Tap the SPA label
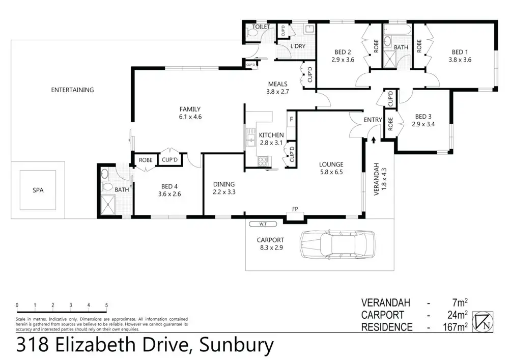pos(38,190)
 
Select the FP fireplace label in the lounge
pos(295,209)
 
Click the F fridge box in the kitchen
pos(291,120)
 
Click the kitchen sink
pos(250,136)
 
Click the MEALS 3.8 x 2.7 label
pos(277,88)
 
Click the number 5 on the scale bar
pos(106,306)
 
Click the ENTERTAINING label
pos(72,90)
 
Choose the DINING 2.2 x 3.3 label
pos(224,188)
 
